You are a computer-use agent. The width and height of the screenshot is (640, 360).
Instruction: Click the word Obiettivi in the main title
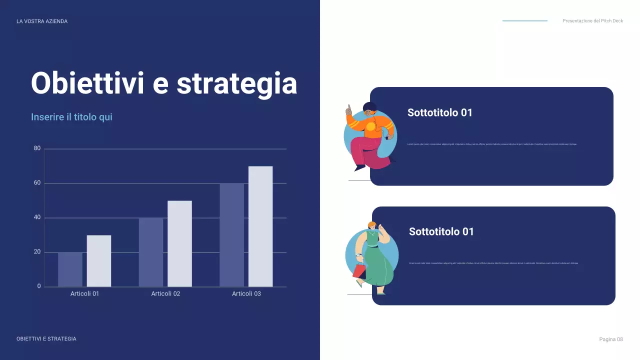(87, 83)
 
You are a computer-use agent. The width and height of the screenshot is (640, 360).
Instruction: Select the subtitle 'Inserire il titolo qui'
(71, 117)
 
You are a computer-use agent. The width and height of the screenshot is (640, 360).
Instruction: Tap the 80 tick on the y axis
(37, 148)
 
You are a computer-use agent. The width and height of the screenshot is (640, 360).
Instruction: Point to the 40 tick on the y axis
(37, 217)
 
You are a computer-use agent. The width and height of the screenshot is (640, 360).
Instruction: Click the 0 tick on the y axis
(39, 286)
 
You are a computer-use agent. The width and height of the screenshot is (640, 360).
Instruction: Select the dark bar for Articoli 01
(70, 269)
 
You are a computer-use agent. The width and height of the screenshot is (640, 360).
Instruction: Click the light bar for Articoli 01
(99, 261)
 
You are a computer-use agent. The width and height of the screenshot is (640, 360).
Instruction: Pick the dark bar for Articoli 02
(151, 252)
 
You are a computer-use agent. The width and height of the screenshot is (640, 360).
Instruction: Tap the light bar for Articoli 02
(179, 244)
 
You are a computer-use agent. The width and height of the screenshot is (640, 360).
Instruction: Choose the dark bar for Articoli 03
(232, 235)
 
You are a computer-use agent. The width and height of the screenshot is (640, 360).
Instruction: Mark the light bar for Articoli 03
(260, 226)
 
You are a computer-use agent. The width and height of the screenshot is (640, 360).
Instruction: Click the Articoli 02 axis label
(165, 294)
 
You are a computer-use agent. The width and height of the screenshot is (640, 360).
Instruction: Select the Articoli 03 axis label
(246, 294)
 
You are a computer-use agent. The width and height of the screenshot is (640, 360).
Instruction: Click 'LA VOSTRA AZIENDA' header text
(42, 21)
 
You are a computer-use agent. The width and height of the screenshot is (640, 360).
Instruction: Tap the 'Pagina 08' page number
(611, 339)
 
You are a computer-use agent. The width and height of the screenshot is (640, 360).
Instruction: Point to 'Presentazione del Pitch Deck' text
(592, 21)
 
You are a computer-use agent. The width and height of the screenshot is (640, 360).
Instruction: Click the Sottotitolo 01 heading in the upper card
(439, 113)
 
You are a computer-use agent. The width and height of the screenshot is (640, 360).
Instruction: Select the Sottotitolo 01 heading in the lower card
(441, 231)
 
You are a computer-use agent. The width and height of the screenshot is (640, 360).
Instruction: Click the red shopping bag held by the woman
(359, 271)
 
